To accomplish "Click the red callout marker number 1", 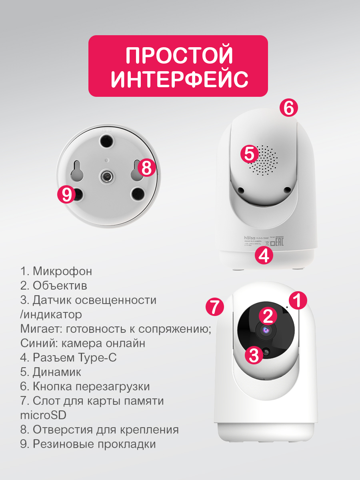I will click(x=298, y=300).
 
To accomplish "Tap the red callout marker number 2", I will click(x=268, y=316).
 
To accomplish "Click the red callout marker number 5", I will click(x=249, y=154).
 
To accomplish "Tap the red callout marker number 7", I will click(x=214, y=307).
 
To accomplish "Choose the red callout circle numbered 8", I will click(x=147, y=168).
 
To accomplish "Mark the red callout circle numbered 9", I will click(x=66, y=195).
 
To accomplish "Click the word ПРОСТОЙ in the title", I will click(x=178, y=56).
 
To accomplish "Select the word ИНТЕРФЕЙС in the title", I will click(x=179, y=80).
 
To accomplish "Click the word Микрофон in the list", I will click(x=62, y=271).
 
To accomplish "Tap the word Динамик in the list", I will click(x=57, y=372).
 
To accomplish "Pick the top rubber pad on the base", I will click(x=106, y=140).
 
